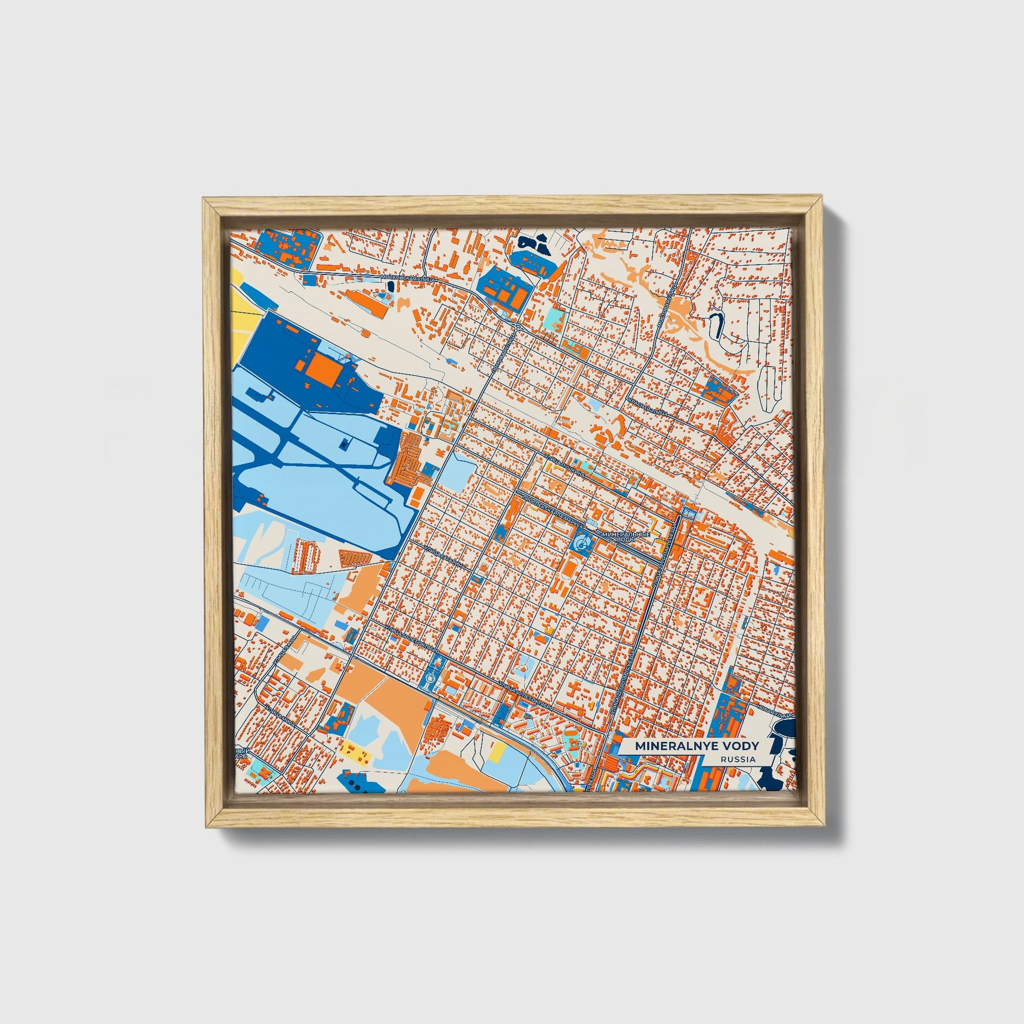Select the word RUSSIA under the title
point(738,759)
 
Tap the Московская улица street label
point(408,278)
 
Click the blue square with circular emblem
point(581,542)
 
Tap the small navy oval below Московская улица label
point(391,286)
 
